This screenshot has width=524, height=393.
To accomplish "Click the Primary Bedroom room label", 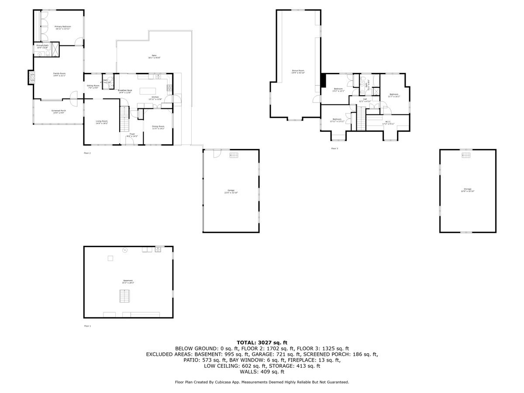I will pos(62,28).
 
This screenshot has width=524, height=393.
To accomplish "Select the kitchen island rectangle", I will pos(146,91).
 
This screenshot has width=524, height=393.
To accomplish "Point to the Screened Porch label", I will pos(59,112).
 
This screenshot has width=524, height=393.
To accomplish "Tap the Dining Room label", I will pos(158,127).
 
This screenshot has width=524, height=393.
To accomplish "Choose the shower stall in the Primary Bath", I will pos(55,48).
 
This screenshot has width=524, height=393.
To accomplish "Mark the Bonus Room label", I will pos(298,71).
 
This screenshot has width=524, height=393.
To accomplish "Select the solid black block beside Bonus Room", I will pos(323,81).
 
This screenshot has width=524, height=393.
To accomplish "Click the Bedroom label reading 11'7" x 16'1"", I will pos(394,95).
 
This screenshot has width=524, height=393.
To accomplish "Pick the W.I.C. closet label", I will pos(388,123).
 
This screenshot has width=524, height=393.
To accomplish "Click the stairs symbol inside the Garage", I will pos(234,155).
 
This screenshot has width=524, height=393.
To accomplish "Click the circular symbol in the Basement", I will pos(124,250).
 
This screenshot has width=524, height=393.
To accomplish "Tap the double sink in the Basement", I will pos(158,249).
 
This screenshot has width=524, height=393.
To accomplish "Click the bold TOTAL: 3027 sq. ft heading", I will pos(262,342).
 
